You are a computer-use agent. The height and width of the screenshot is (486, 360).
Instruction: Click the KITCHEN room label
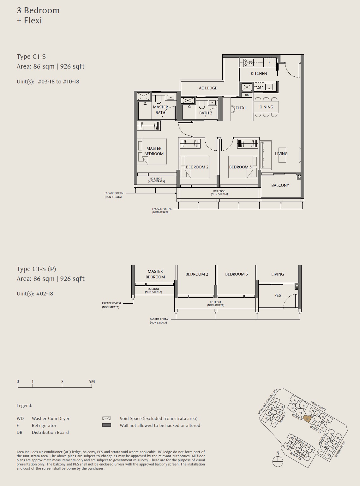point(259,74)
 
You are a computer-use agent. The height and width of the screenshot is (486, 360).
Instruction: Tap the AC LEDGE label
point(208,88)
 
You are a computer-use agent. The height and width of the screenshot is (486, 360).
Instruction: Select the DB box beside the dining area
point(247,95)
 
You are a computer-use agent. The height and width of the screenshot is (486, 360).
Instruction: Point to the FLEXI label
point(241,108)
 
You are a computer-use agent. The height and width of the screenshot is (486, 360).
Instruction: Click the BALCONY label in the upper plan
point(280,185)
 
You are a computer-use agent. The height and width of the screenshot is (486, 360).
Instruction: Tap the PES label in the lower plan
point(278,295)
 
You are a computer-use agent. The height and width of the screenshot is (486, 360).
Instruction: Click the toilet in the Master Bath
point(158,100)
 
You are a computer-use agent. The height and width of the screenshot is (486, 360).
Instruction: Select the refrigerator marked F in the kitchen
point(269,63)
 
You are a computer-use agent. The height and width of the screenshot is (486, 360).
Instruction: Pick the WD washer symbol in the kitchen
point(259,88)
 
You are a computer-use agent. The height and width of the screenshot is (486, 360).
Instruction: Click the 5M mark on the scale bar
point(92,382)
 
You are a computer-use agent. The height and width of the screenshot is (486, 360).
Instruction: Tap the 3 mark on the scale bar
point(62,382)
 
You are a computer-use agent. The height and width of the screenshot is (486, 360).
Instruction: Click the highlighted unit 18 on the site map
point(307,419)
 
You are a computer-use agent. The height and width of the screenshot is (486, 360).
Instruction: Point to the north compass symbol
point(278,461)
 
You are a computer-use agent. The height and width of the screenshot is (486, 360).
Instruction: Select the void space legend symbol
point(107,418)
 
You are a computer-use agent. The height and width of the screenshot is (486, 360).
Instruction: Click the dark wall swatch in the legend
point(107,425)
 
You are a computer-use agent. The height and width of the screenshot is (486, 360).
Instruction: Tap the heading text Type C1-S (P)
point(36,269)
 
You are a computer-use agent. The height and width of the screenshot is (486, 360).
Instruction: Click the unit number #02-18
point(45,294)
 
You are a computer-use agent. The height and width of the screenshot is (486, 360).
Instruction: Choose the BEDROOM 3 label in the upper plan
point(240,167)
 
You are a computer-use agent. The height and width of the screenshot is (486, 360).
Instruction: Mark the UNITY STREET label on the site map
point(318,406)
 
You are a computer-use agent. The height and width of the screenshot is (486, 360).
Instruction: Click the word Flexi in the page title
point(33,21)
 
